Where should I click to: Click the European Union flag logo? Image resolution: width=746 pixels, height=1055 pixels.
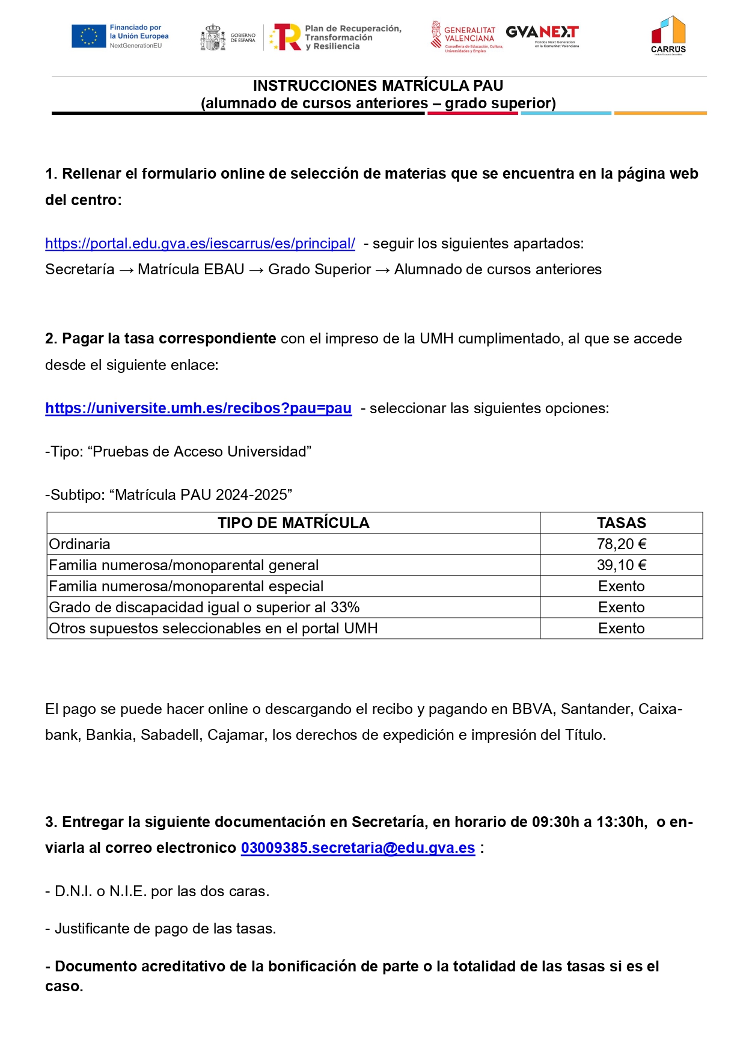tap(88, 36)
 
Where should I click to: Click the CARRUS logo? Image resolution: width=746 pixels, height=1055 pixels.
tap(668, 35)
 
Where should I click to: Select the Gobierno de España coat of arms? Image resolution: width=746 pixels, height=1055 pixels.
tap(212, 37)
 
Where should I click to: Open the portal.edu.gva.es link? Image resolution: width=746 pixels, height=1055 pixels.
tap(200, 244)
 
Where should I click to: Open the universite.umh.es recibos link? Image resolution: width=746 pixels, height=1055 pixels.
tap(198, 408)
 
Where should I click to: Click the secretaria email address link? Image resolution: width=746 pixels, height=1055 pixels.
tap(358, 848)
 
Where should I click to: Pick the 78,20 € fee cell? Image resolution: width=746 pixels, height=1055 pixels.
tap(621, 544)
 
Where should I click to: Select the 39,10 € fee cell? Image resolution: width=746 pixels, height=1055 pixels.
tap(621, 565)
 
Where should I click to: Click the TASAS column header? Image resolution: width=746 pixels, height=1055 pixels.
tap(621, 523)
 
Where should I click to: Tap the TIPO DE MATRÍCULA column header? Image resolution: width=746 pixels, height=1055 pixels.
tap(293, 523)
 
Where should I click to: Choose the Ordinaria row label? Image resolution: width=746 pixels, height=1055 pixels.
tap(80, 544)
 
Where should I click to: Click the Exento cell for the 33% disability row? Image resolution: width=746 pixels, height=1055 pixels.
tap(621, 607)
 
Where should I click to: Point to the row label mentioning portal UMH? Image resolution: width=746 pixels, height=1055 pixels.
tap(213, 629)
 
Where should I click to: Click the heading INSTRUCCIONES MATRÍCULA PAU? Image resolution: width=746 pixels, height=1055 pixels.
tap(378, 86)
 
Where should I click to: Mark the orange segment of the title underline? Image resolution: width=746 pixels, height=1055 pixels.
tap(660, 113)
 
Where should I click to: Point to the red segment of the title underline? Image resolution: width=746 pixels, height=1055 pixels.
tap(472, 113)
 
